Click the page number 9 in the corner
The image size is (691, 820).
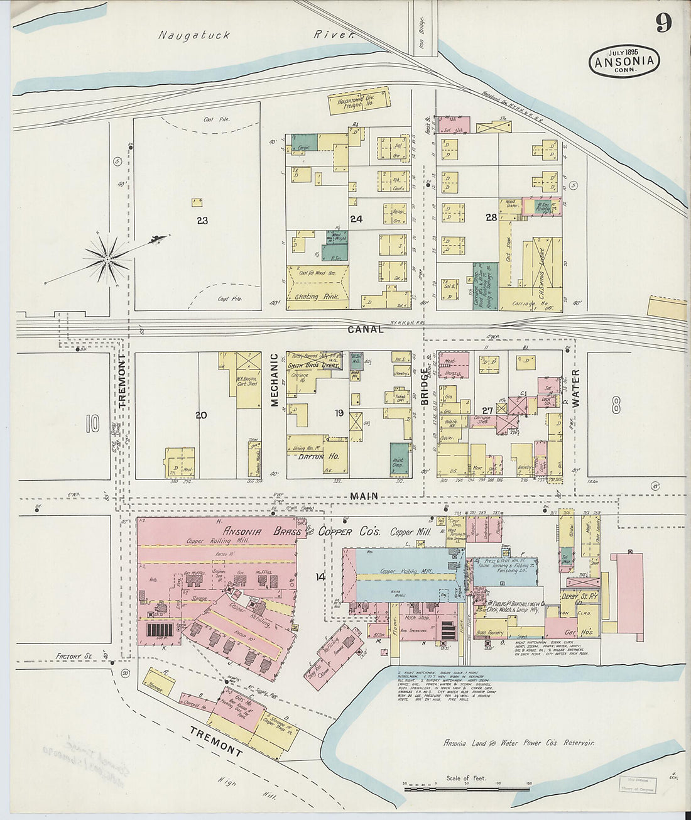pyautogui.click(x=663, y=23)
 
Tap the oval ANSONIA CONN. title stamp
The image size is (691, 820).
pyautogui.click(x=624, y=62)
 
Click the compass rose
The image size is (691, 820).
pyautogui.click(x=107, y=258)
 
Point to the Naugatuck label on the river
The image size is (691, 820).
pyautogui.click(x=194, y=36)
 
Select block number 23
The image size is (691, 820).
pyautogui.click(x=202, y=221)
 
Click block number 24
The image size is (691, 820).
pyautogui.click(x=356, y=219)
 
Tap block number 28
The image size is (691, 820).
pyautogui.click(x=491, y=217)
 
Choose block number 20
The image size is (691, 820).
pyautogui.click(x=201, y=415)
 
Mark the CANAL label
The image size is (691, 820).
pyautogui.click(x=365, y=329)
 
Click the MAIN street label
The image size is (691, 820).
pyautogui.click(x=364, y=496)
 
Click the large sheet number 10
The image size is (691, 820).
pyautogui.click(x=92, y=423)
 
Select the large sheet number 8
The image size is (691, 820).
pyautogui.click(x=616, y=400)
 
